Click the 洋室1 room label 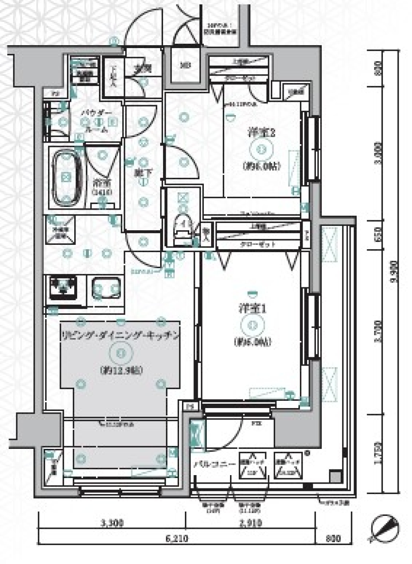tap(252, 309)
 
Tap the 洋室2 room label tap(261, 133)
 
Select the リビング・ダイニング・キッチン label tap(120, 335)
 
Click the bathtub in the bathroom tap(66, 177)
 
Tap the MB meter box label tap(185, 65)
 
